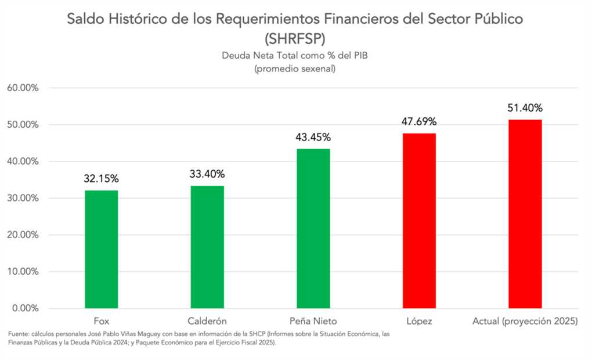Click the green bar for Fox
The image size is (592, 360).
pos(101,249)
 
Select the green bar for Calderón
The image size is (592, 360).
pos(207,247)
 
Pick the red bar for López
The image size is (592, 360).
pos(419,221)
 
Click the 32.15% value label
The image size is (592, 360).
pos(101,178)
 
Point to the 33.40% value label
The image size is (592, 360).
pos(207,174)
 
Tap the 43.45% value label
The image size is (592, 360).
pos(313,137)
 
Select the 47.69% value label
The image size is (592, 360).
pos(419,121)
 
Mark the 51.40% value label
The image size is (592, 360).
pos(525,108)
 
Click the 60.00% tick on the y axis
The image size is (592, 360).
pos(23,88)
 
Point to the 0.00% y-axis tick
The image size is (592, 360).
pos(25,308)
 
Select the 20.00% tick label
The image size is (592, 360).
pos(23,235)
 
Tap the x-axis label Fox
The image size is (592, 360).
pos(101,321)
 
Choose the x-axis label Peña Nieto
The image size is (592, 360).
pos(313,321)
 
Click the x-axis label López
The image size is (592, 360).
pos(419,321)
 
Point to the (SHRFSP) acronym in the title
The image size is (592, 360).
pos(296,39)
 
